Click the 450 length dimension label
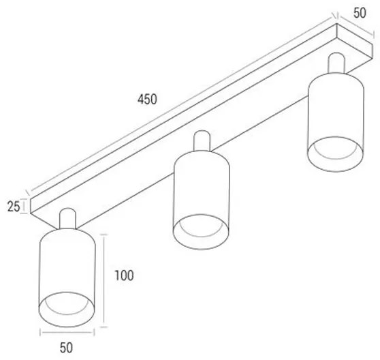pyautogui.click(x=147, y=100)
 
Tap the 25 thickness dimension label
pyautogui.click(x=14, y=207)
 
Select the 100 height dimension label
pyautogui.click(x=124, y=275)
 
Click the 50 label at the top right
pyautogui.click(x=360, y=13)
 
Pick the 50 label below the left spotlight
pyautogui.click(x=66, y=348)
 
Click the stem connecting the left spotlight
pyautogui.click(x=67, y=218)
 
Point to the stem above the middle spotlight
pyautogui.click(x=202, y=140)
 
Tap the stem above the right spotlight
pyautogui.click(x=336, y=63)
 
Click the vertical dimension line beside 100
pyautogui.click(x=104, y=281)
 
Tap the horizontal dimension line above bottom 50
pyautogui.click(x=67, y=333)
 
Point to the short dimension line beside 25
pyautogui.click(x=24, y=206)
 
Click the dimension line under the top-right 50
pyautogui.click(x=356, y=26)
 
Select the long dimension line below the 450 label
pyautogui.click(x=181, y=105)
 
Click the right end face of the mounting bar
pyautogui.click(x=354, y=42)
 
